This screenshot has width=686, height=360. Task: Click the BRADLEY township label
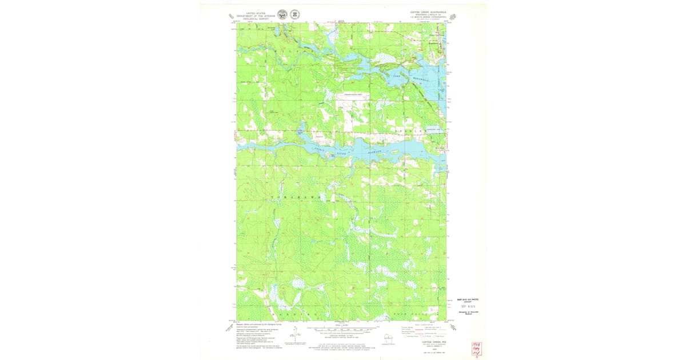(x=408, y=131)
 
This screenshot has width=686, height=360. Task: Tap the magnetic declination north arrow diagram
(x=295, y=334)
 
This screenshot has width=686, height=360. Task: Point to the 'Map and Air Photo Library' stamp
(x=468, y=301)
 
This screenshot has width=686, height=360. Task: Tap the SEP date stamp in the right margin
(x=468, y=307)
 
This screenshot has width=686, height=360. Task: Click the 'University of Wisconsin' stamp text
(x=468, y=314)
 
